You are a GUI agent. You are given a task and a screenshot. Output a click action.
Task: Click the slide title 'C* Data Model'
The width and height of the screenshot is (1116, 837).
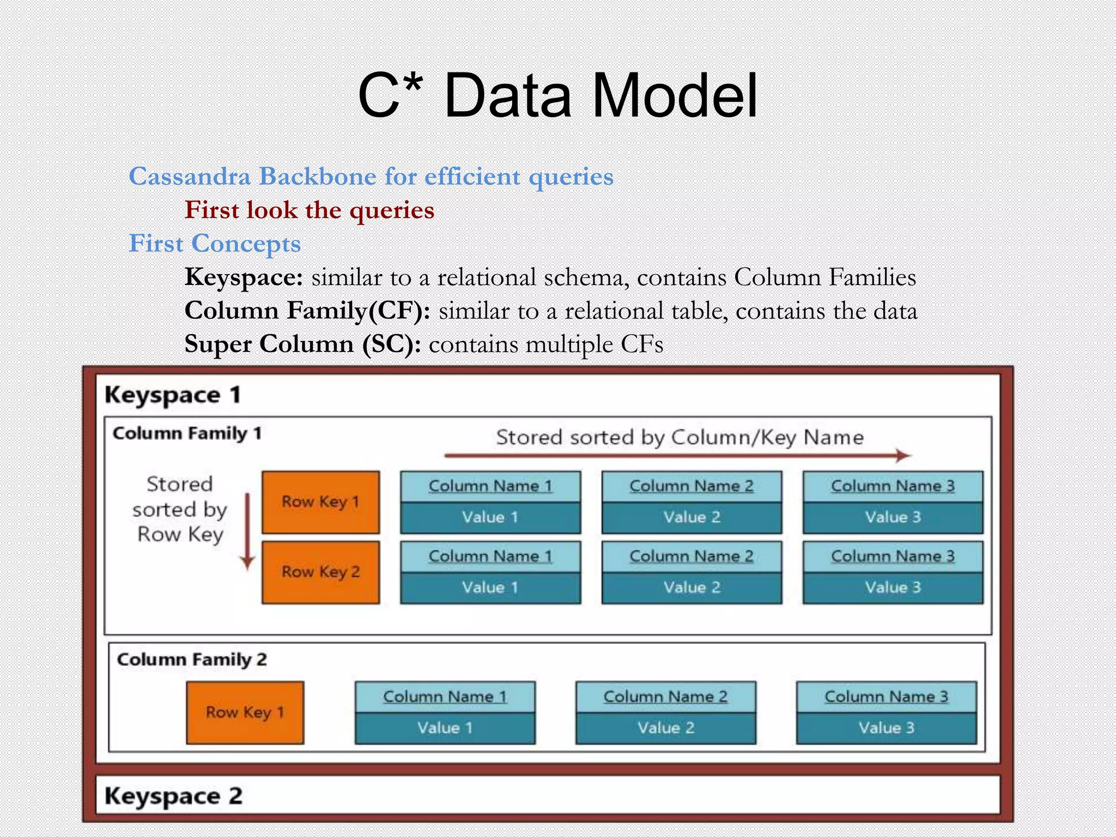click(x=557, y=96)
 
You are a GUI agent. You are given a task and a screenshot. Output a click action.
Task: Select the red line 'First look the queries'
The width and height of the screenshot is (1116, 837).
click(x=309, y=210)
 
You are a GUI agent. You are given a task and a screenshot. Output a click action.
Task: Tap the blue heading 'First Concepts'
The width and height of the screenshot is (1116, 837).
click(x=215, y=244)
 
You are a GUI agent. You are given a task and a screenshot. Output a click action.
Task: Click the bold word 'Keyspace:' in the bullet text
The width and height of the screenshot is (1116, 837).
click(x=244, y=277)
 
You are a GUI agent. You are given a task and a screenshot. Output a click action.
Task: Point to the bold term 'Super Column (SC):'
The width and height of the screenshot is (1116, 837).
click(x=302, y=344)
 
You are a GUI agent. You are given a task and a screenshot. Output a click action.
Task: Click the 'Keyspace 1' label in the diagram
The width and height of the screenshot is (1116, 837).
click(x=172, y=395)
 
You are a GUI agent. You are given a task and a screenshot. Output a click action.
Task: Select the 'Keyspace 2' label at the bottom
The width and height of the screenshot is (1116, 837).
click(x=173, y=796)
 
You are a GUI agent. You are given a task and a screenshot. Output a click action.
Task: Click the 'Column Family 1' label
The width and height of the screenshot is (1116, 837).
click(x=187, y=433)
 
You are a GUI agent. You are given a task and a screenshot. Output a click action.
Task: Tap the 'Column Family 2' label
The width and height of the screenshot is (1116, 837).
click(x=192, y=659)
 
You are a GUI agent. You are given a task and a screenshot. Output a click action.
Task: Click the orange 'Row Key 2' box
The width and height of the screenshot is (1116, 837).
click(x=320, y=572)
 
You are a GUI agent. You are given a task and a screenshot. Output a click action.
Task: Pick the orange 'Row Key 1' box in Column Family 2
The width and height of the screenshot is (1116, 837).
click(x=245, y=712)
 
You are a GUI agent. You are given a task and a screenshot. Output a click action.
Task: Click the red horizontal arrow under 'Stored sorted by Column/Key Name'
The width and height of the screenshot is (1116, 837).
click(x=677, y=455)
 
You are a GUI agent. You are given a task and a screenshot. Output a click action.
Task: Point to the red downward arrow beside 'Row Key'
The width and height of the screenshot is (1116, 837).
click(x=247, y=531)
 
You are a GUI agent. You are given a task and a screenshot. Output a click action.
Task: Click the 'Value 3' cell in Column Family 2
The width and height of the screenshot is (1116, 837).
click(x=886, y=728)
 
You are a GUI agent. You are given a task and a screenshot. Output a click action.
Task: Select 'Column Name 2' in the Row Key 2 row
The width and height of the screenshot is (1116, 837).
click(x=692, y=556)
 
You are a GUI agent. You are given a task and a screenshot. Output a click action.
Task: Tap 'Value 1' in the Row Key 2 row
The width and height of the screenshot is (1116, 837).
click(x=490, y=587)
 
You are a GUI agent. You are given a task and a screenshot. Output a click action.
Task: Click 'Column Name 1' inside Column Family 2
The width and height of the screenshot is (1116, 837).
click(x=445, y=696)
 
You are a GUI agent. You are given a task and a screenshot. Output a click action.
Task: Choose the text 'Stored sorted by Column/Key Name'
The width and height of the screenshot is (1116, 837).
click(x=680, y=437)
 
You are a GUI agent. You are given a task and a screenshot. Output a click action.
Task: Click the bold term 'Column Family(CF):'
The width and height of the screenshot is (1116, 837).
click(x=307, y=311)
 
